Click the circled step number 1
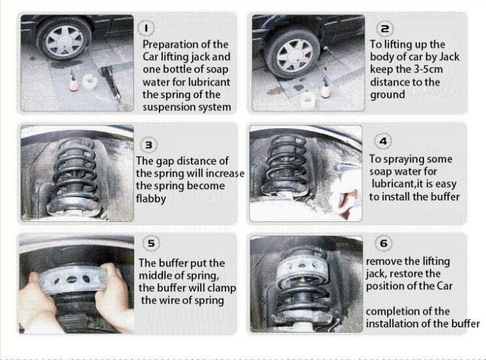(146, 28)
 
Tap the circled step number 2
(385, 29)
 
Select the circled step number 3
(149, 145)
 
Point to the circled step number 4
(384, 141)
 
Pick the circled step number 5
(151, 243)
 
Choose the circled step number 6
(384, 243)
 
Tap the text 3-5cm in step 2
(428, 69)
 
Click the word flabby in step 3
(151, 199)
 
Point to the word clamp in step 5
(221, 288)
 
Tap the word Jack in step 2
(449, 56)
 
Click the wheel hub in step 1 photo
(65, 41)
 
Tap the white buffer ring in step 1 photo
(90, 81)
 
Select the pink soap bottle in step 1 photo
(74, 81)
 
